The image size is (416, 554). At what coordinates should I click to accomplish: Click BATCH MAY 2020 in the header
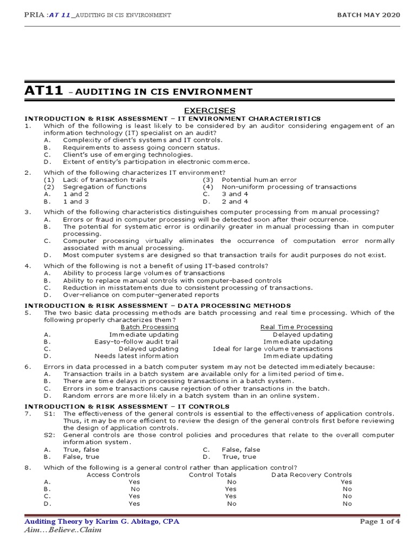pos(369,15)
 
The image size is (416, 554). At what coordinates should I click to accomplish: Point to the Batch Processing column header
pos(149,327)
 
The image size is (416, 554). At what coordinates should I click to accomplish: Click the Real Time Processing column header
pos(296,327)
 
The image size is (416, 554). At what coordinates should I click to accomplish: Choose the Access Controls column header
pos(113,475)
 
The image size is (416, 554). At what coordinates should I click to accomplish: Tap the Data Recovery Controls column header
pos(311,475)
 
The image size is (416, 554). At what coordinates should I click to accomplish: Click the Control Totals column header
pos(212,475)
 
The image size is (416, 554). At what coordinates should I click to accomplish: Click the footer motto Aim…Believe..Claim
pos(63,530)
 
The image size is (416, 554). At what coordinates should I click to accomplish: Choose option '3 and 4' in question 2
pos(235,194)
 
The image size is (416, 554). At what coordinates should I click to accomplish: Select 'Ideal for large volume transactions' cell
pos(273,349)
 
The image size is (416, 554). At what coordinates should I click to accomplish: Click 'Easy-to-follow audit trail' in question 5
pos(136,342)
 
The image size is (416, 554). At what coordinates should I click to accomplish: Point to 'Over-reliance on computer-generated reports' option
pos(141,295)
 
